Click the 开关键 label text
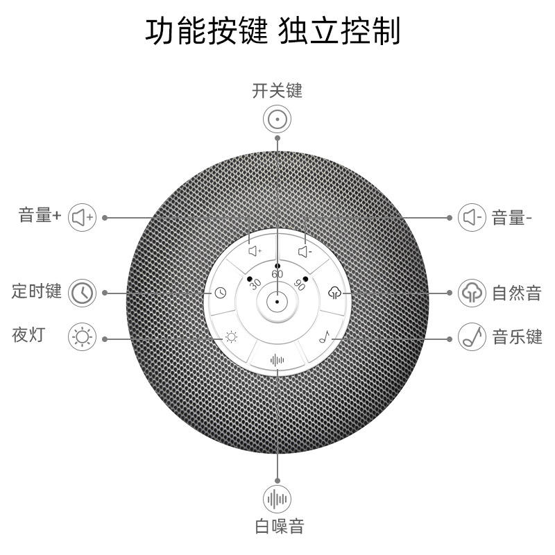tap(277, 91)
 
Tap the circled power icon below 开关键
tap(277, 119)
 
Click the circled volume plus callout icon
tap(83, 217)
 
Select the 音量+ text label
tap(40, 216)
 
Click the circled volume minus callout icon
tap(472, 217)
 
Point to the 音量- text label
tap(511, 218)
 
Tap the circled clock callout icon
tap(83, 292)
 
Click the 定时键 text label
tap(37, 291)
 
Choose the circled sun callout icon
tap(83, 339)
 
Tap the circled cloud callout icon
tap(472, 293)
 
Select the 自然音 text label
tap(516, 293)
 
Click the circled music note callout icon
tap(472, 338)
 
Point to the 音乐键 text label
tap(517, 338)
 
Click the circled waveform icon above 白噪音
tap(277, 499)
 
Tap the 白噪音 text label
tap(277, 526)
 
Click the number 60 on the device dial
tap(277, 274)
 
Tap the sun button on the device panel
tap(230, 338)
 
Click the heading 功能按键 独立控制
tap(273, 31)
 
